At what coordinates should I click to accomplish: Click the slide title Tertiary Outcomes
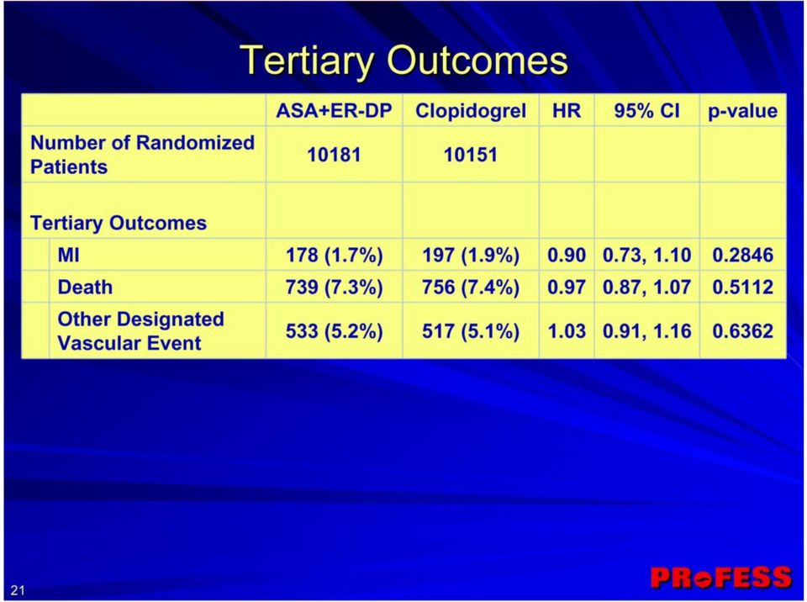pyautogui.click(x=404, y=61)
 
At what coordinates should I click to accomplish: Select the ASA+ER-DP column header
pyautogui.click(x=334, y=111)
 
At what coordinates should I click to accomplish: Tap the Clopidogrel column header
pyautogui.click(x=471, y=111)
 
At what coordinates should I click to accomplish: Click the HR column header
pyautogui.click(x=566, y=111)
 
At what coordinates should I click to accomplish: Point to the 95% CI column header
pyautogui.click(x=646, y=111)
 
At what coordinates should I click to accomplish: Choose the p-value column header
pyautogui.click(x=742, y=111)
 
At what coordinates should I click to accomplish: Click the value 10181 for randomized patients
pyautogui.click(x=334, y=155)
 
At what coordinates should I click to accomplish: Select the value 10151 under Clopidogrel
pyautogui.click(x=471, y=155)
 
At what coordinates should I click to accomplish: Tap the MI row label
pyautogui.click(x=68, y=255)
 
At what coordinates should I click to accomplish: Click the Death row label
pyautogui.click(x=85, y=287)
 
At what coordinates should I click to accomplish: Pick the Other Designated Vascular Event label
pyautogui.click(x=140, y=330)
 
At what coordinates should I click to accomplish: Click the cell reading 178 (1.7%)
pyautogui.click(x=334, y=255)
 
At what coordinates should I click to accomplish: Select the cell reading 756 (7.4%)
pyautogui.click(x=471, y=288)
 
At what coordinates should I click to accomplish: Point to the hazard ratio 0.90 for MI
pyautogui.click(x=566, y=255)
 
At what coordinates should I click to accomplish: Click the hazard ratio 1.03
pyautogui.click(x=566, y=331)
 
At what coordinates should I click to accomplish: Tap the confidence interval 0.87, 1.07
pyautogui.click(x=646, y=288)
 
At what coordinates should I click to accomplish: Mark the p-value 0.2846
pyautogui.click(x=742, y=255)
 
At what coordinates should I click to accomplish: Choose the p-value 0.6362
pyautogui.click(x=742, y=331)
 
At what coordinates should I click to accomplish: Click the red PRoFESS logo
pyautogui.click(x=721, y=578)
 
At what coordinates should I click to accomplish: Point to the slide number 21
pyautogui.click(x=18, y=589)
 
